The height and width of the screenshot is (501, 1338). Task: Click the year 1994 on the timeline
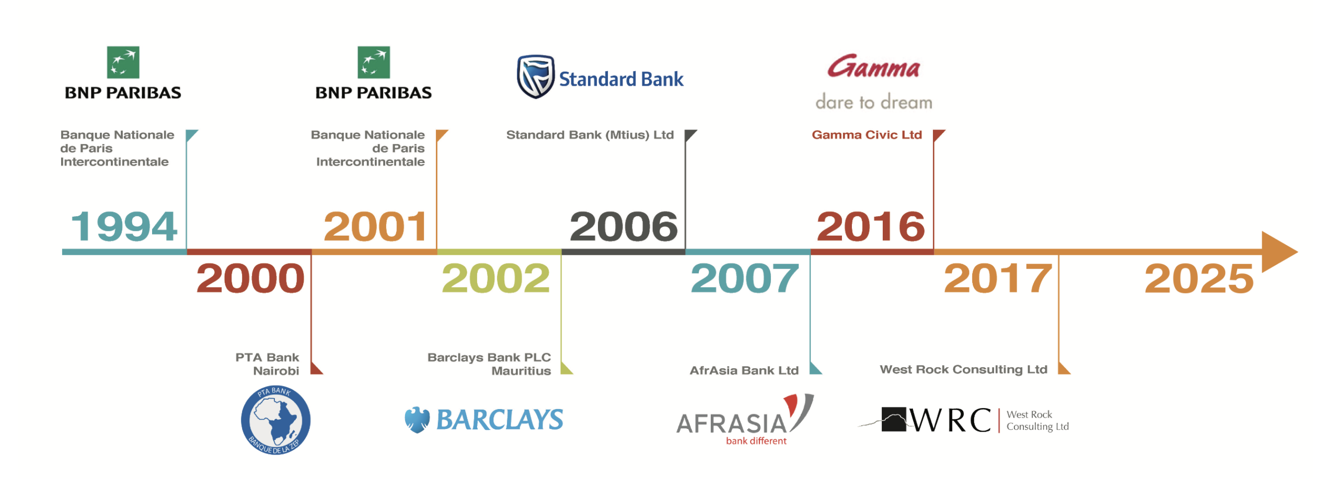point(124,226)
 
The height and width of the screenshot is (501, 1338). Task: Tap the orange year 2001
point(375,226)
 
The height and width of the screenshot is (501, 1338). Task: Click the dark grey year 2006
point(624,226)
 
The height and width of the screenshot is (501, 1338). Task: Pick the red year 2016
point(871,226)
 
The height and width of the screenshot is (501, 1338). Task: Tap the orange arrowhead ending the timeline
point(1278,252)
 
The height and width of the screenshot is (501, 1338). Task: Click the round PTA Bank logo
point(275,420)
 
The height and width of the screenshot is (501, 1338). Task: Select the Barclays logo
point(484,420)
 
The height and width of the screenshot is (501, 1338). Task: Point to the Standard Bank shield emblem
point(535,77)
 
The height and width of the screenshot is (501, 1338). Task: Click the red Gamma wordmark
point(873,66)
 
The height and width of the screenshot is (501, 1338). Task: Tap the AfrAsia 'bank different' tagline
point(756,441)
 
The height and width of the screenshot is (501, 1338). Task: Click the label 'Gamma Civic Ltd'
point(867,135)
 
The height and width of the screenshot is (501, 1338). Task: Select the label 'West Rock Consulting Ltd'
point(963,369)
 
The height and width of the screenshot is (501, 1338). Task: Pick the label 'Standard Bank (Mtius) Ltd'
point(590,135)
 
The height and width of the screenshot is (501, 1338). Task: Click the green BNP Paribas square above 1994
point(123,62)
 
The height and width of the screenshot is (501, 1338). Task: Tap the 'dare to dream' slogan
point(874,101)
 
